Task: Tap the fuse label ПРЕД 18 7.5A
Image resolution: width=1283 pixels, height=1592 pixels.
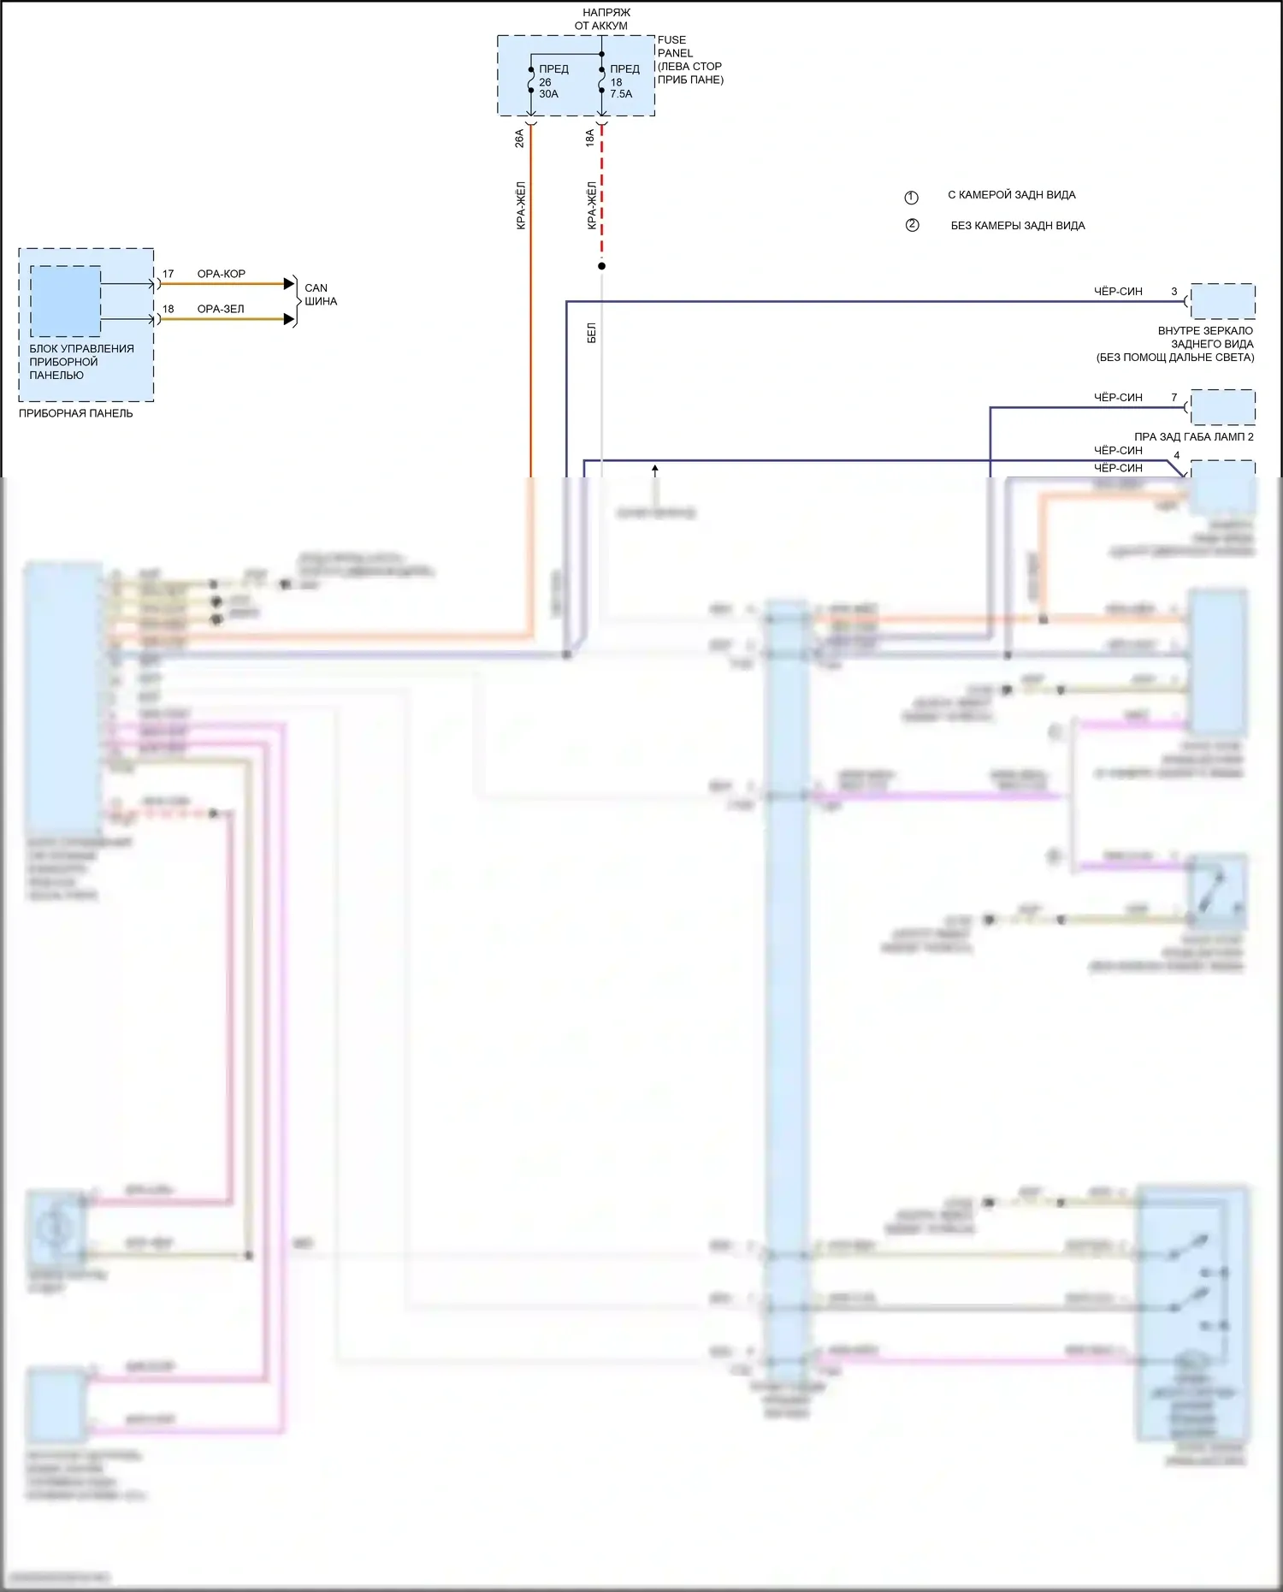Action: (624, 81)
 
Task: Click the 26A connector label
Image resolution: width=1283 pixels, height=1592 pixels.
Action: (519, 139)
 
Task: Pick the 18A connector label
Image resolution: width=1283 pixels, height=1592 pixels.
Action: (590, 139)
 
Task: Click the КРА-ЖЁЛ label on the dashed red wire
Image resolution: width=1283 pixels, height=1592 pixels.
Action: (592, 205)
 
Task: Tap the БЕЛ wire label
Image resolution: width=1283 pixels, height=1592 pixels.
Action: (592, 333)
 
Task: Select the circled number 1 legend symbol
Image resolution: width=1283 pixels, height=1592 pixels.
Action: (911, 198)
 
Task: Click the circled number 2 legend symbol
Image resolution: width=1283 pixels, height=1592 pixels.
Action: (912, 225)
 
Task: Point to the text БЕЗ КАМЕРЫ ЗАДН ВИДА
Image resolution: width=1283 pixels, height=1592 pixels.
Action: (1018, 226)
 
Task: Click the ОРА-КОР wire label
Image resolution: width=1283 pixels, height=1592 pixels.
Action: (222, 274)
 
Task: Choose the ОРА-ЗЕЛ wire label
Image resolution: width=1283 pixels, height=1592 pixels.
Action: (221, 309)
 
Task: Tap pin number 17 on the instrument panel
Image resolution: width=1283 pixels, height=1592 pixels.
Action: (168, 274)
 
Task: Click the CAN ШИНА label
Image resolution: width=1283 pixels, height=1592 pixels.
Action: (320, 294)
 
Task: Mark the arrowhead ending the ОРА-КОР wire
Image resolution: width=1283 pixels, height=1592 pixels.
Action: (289, 284)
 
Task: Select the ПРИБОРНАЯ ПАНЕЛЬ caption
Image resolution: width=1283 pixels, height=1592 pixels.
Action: (76, 413)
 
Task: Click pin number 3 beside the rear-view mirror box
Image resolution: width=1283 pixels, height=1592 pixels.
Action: (1174, 292)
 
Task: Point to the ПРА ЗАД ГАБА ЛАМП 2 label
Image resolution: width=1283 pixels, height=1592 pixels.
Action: (1193, 436)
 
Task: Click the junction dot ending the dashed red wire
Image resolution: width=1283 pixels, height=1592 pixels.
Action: (601, 266)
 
